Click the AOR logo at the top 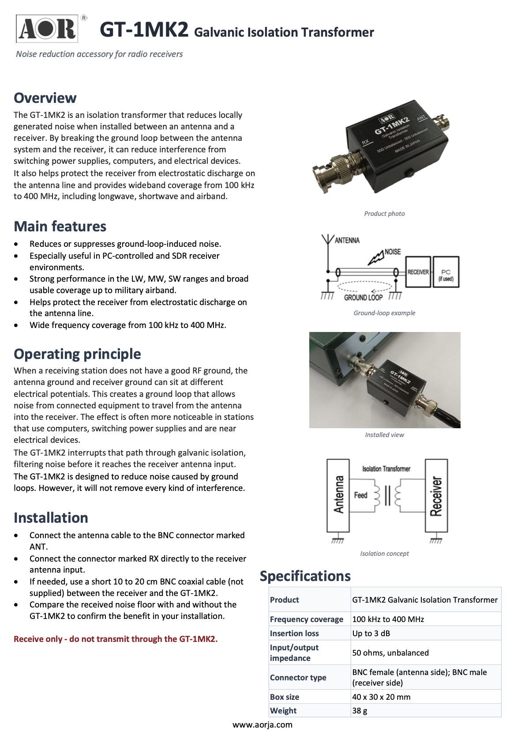[47, 29]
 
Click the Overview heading [45, 98]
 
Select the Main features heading [60, 226]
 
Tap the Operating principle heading [77, 354]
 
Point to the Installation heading [51, 518]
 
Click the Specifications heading [305, 576]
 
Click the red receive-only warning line [116, 639]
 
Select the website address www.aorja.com [262, 724]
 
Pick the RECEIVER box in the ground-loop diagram [418, 272]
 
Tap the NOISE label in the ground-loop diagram [393, 252]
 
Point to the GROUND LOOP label [363, 298]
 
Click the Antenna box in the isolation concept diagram [338, 495]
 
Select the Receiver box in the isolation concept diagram [436, 495]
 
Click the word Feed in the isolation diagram [360, 495]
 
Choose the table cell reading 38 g [360, 710]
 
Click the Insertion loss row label [294, 633]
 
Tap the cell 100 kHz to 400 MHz [388, 619]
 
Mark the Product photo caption [384, 214]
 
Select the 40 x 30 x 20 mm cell [381, 697]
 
